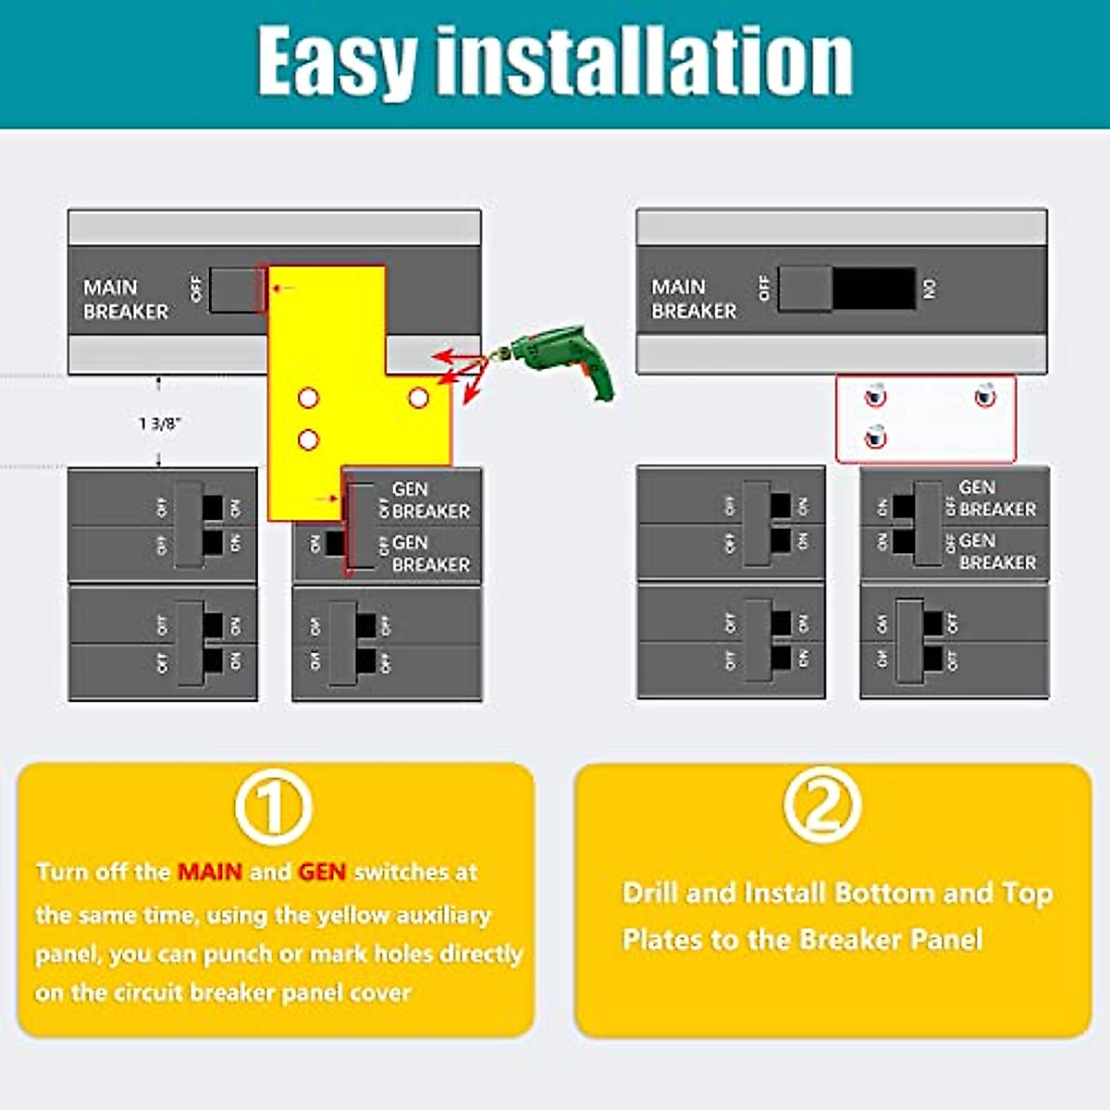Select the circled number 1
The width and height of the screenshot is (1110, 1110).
click(x=273, y=807)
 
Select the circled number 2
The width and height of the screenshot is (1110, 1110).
click(x=821, y=803)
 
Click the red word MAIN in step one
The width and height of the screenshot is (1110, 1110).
click(x=210, y=871)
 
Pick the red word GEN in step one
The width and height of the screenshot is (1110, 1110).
click(x=322, y=871)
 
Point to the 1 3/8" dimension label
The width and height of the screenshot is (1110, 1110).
click(x=160, y=424)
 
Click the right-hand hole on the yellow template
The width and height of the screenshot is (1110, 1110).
click(x=418, y=398)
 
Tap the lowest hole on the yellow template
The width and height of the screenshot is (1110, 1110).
click(x=309, y=439)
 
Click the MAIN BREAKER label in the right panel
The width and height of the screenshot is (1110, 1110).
click(x=693, y=299)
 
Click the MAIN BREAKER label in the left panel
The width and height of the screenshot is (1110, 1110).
click(x=125, y=299)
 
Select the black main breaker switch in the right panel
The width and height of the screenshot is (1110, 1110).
click(x=874, y=289)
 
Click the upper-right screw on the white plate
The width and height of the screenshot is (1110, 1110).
click(x=985, y=396)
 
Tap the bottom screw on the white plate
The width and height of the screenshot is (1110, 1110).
click(x=875, y=436)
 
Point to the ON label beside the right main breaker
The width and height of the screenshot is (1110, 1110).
click(x=931, y=289)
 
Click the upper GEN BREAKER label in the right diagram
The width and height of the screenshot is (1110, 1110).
click(x=997, y=498)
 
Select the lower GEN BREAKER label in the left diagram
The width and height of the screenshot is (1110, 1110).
click(x=430, y=553)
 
